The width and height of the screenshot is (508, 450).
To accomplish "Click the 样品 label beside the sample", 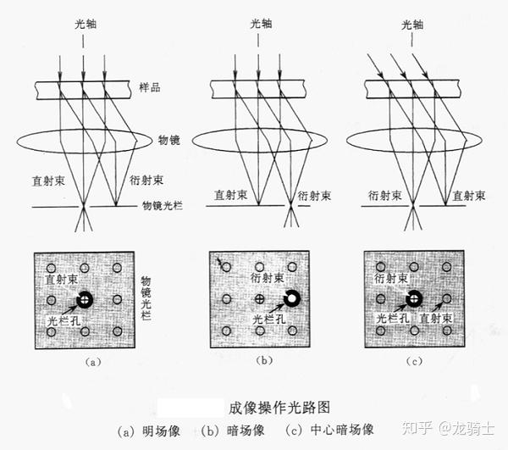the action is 150,88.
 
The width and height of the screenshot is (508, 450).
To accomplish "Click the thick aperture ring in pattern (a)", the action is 84,299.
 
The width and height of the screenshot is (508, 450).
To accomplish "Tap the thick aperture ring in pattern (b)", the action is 291,299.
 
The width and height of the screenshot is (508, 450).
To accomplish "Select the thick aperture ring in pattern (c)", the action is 413,298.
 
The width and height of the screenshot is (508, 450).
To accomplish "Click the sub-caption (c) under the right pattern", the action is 414,363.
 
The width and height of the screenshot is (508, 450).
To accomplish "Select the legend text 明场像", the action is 161,430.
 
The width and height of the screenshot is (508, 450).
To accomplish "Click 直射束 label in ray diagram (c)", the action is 469,195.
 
